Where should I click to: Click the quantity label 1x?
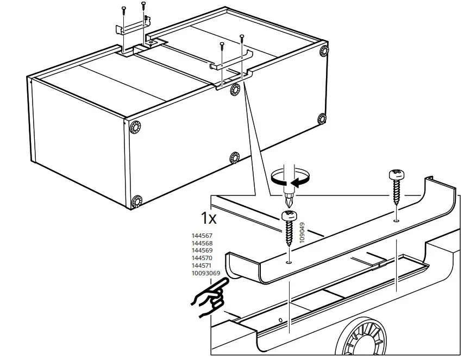coord(209,219)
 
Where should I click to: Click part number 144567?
coord(202,236)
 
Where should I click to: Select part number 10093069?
coord(205,274)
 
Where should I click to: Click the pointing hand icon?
coord(208,300)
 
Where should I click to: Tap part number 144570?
coord(202,258)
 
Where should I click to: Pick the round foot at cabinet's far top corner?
coord(324,51)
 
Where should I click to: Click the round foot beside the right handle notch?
coord(235,89)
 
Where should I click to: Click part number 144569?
coord(202,251)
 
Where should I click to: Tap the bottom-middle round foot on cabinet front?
coord(234,158)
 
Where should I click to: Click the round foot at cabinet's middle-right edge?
coord(322,118)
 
